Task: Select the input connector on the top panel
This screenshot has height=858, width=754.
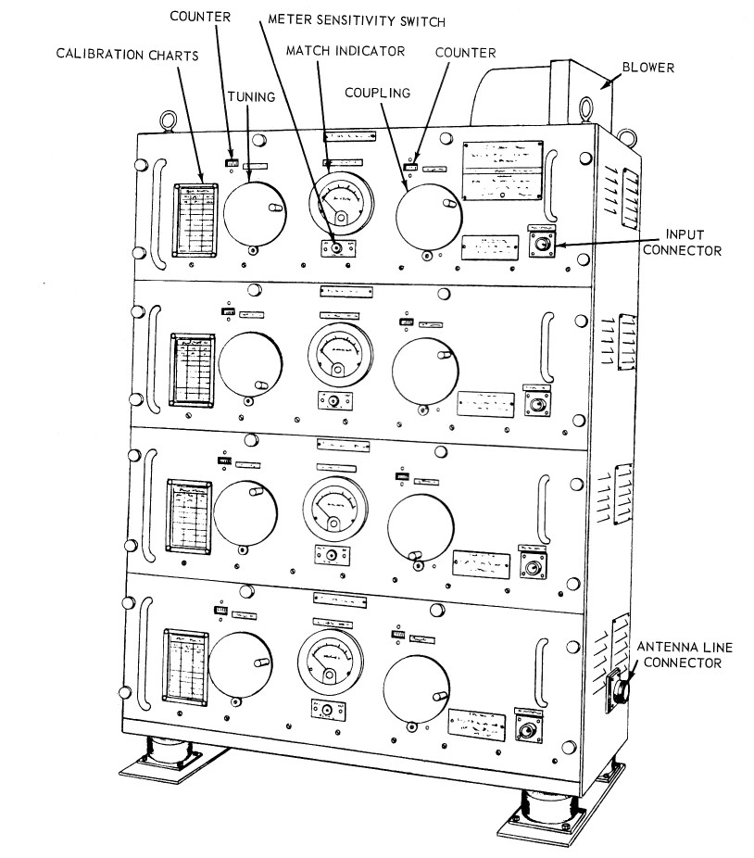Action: click(541, 244)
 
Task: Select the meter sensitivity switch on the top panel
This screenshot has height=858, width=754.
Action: click(337, 248)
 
